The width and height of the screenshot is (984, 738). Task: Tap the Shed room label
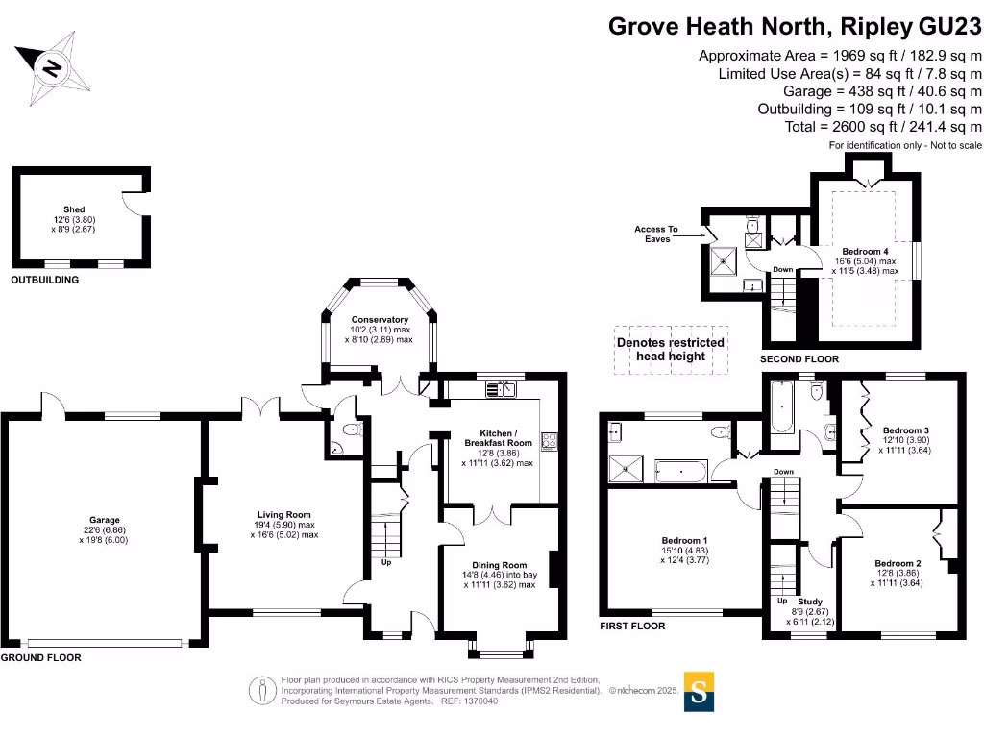click(x=74, y=209)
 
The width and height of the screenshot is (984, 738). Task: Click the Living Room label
click(x=283, y=515)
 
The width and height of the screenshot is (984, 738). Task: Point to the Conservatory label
click(x=380, y=319)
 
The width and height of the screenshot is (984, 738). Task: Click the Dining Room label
click(x=499, y=565)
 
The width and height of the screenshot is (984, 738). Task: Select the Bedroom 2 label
click(x=898, y=563)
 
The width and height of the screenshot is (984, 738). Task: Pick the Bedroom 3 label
click(x=906, y=430)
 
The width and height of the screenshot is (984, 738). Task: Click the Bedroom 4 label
click(x=865, y=251)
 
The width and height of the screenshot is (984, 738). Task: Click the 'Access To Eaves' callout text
click(x=655, y=234)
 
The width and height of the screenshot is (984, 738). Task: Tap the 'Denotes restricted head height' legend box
click(x=671, y=349)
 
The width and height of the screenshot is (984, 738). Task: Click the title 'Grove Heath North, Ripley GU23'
click(x=796, y=26)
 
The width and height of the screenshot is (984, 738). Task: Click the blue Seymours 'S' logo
click(x=699, y=691)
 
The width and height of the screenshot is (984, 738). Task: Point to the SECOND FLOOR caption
click(x=799, y=359)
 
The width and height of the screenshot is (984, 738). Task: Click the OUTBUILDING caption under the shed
click(x=44, y=281)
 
